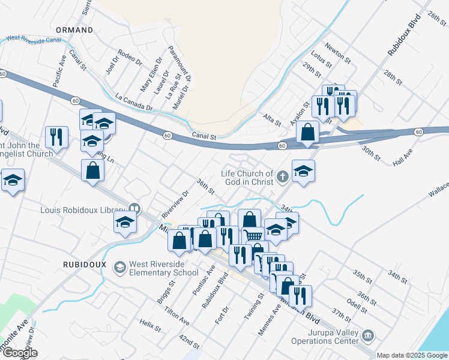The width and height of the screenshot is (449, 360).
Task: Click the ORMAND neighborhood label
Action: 74,29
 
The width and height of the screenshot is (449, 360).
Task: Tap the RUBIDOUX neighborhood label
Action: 85,264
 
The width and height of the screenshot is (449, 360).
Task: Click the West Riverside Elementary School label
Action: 164,269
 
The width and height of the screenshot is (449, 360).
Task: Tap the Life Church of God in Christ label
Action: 247,177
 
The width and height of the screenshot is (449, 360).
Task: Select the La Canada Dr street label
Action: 134,103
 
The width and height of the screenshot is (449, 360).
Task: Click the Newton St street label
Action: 337,52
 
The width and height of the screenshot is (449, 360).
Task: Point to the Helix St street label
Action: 151,325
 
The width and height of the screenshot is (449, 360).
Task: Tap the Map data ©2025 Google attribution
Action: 412,355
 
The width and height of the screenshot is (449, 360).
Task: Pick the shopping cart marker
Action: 253,236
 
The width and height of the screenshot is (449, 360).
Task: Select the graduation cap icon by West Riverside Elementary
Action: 120,266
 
